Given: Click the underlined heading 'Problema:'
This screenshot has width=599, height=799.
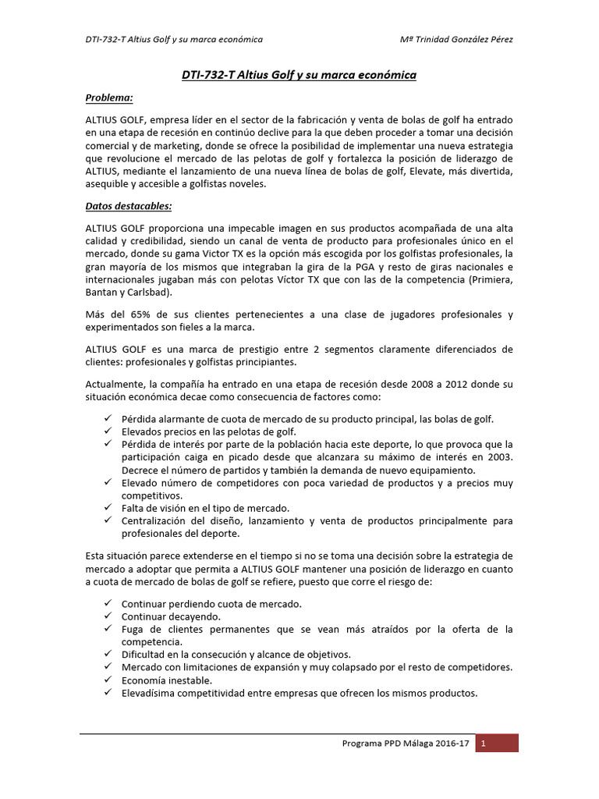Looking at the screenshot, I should [109, 98].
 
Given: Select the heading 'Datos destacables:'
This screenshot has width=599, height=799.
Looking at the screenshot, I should [129, 207].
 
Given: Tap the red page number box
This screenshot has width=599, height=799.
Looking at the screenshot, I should [497, 744].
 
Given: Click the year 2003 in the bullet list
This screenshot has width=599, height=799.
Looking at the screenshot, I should [498, 456].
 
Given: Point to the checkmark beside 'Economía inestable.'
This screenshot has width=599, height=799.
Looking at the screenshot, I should [108, 680].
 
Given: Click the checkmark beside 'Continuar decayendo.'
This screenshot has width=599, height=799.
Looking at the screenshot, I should [108, 616].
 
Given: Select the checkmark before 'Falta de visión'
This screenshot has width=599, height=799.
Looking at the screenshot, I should [108, 507].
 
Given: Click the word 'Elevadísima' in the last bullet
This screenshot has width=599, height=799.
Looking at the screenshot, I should [150, 693].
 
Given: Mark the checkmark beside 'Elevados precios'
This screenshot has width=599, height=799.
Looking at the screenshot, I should [108, 431].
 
